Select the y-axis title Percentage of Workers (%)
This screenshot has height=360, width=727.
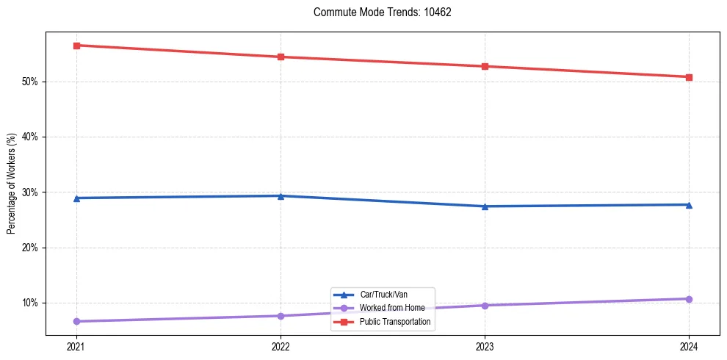[12, 184]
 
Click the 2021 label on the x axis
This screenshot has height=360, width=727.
[76, 346]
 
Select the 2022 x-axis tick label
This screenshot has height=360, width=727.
[281, 346]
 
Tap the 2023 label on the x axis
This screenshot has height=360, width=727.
[485, 346]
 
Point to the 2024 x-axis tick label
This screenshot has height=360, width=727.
[689, 346]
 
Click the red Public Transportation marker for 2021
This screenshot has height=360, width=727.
[76, 46]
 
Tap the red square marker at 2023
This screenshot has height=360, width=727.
[485, 67]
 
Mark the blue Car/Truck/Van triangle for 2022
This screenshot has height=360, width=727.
[281, 196]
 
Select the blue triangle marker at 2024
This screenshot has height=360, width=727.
[689, 205]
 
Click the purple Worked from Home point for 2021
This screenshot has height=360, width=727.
[76, 321]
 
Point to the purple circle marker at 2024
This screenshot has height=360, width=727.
[689, 299]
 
